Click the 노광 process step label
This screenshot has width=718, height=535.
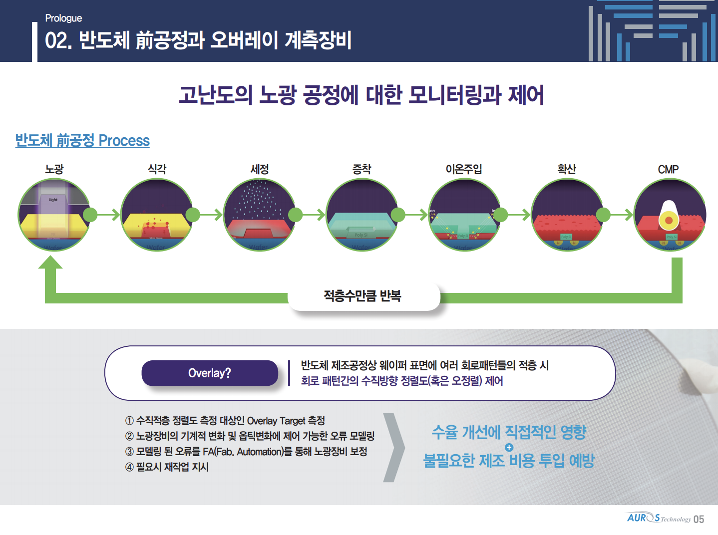[x=54, y=169]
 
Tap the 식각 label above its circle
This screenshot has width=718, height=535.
[x=157, y=169]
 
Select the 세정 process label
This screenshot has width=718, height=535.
[x=259, y=169]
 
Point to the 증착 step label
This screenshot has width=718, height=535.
[x=361, y=169]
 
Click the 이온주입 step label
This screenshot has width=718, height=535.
[x=464, y=169]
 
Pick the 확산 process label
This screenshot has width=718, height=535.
[x=567, y=169]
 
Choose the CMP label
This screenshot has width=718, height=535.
[x=668, y=170]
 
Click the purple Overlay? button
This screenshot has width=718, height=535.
[x=210, y=373]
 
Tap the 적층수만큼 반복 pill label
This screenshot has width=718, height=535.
[x=362, y=296]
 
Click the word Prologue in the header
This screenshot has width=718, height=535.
[x=63, y=18]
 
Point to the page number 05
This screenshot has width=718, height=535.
[x=699, y=520]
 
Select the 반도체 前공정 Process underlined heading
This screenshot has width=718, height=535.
[x=82, y=141]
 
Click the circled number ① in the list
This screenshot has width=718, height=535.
[x=129, y=421]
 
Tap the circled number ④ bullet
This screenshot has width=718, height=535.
[x=129, y=468]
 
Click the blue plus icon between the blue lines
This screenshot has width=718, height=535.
[x=509, y=447]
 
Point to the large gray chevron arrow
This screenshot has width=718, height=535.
[x=394, y=448]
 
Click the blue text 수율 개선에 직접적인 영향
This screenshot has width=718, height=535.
[x=509, y=432]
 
